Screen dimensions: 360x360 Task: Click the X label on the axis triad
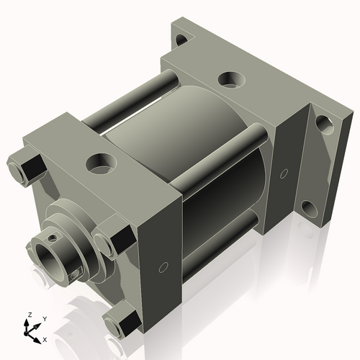pos(45,338)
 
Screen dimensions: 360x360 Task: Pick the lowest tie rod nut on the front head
pos(121,320)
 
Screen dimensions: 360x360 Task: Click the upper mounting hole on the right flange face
pos(325,127)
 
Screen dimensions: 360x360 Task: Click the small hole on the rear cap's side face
pos(284,173)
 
